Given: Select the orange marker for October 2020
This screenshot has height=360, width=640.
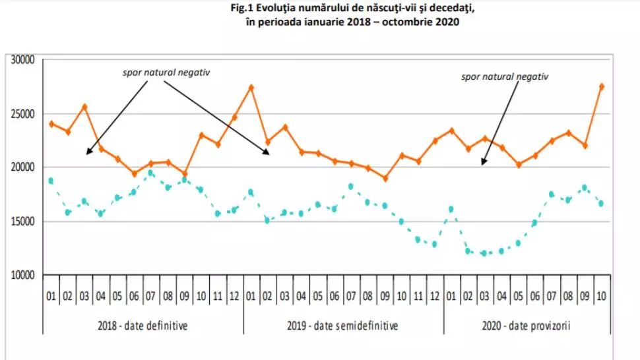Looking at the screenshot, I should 601,86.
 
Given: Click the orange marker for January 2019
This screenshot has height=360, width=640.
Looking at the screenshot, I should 251,87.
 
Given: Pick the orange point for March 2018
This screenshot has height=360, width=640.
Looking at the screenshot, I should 84,107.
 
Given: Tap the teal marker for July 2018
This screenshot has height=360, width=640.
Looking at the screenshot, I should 151,173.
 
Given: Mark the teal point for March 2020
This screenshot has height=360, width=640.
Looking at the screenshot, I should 484,253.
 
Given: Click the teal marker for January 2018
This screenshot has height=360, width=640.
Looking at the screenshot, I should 51,181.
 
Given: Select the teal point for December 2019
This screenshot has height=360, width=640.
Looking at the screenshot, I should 434,244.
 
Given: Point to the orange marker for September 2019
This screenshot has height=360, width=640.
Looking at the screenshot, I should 385,178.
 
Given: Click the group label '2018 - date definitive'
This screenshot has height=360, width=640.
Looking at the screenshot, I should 143,325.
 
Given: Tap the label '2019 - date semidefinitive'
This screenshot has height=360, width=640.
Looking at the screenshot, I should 343,325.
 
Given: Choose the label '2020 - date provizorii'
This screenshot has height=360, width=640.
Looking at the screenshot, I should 525,325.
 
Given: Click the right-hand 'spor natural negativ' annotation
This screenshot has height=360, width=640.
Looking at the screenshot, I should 505,76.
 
